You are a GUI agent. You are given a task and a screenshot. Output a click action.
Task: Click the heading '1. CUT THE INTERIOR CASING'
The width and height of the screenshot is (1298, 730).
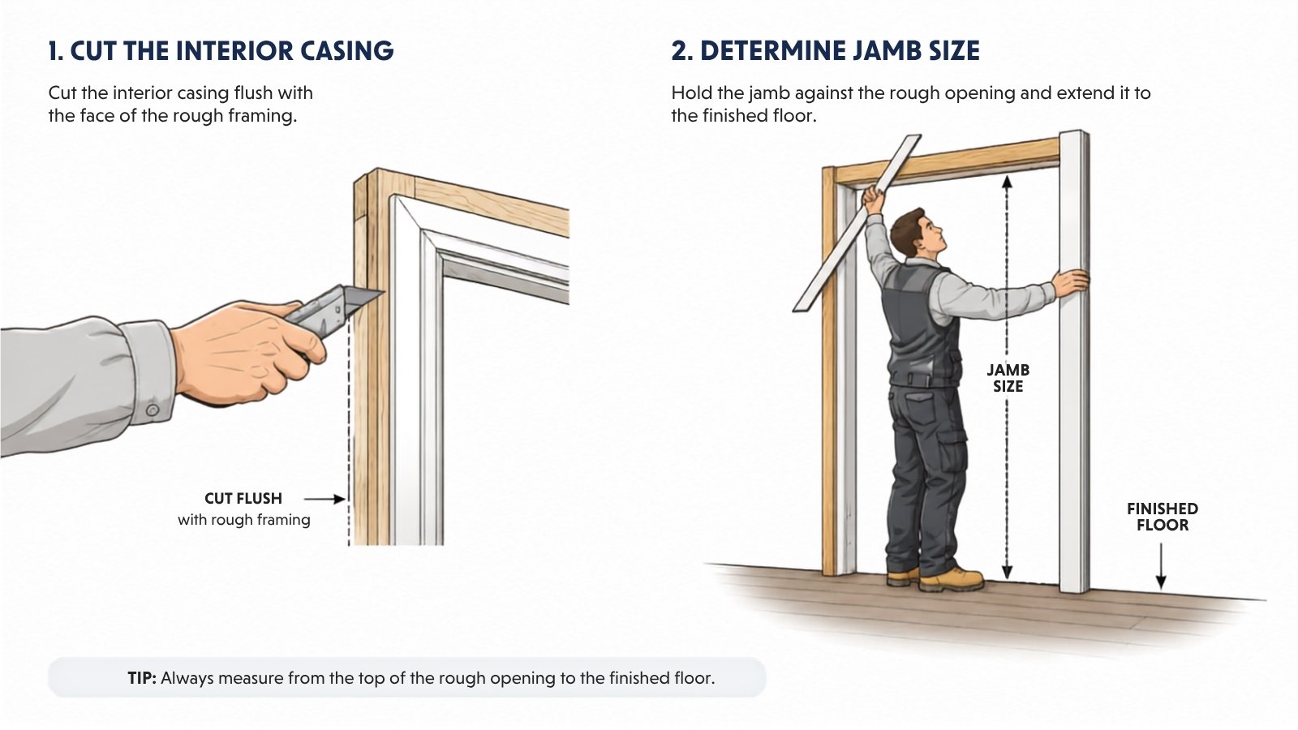(221, 51)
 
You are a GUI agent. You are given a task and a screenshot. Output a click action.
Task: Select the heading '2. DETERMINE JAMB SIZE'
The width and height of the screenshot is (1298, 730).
(825, 51)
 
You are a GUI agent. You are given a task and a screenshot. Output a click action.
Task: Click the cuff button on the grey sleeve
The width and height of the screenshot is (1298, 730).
(153, 410)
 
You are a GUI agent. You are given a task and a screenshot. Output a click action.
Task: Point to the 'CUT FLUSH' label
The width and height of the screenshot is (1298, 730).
(243, 498)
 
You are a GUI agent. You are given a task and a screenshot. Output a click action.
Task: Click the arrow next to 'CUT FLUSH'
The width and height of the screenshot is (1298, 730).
(324, 498)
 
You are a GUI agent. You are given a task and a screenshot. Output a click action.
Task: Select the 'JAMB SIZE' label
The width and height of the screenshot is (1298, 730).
(1008, 378)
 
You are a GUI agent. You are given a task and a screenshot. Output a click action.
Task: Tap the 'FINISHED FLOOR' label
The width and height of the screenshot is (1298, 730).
(1163, 517)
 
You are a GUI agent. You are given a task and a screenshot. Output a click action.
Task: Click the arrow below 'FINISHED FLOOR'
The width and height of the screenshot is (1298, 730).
(1161, 566)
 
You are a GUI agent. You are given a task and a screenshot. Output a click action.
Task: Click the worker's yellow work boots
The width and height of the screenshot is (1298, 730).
(936, 578)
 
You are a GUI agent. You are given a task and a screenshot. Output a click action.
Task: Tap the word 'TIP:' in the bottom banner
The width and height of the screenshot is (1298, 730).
(142, 678)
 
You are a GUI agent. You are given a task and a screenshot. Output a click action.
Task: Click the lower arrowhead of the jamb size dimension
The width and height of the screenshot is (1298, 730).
(1007, 571)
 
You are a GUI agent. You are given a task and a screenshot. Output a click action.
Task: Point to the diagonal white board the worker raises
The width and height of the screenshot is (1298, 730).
(857, 224)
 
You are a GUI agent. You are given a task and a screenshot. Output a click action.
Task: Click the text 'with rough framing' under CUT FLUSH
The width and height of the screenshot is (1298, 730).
(244, 520)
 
